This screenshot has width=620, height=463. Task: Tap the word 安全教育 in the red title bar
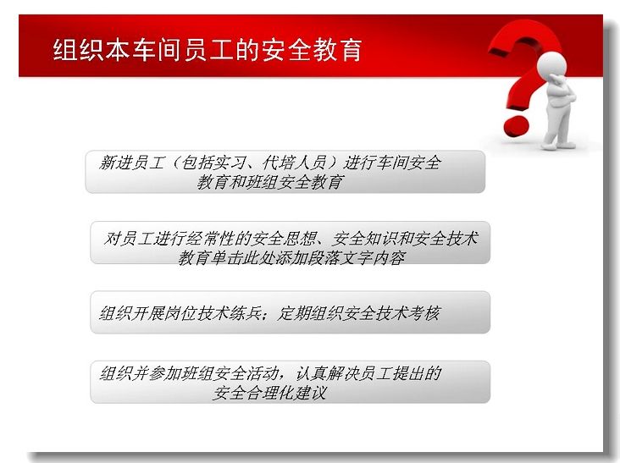pyautogui.click(x=311, y=50)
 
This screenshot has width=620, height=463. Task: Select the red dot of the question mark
pyautogui.click(x=516, y=125)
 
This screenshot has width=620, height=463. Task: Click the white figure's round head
pyautogui.click(x=552, y=64)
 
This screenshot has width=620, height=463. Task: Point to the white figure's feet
pyautogui.click(x=557, y=145)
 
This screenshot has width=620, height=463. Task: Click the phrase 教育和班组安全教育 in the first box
pyautogui.click(x=270, y=183)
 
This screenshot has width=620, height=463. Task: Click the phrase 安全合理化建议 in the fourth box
pyautogui.click(x=269, y=393)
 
